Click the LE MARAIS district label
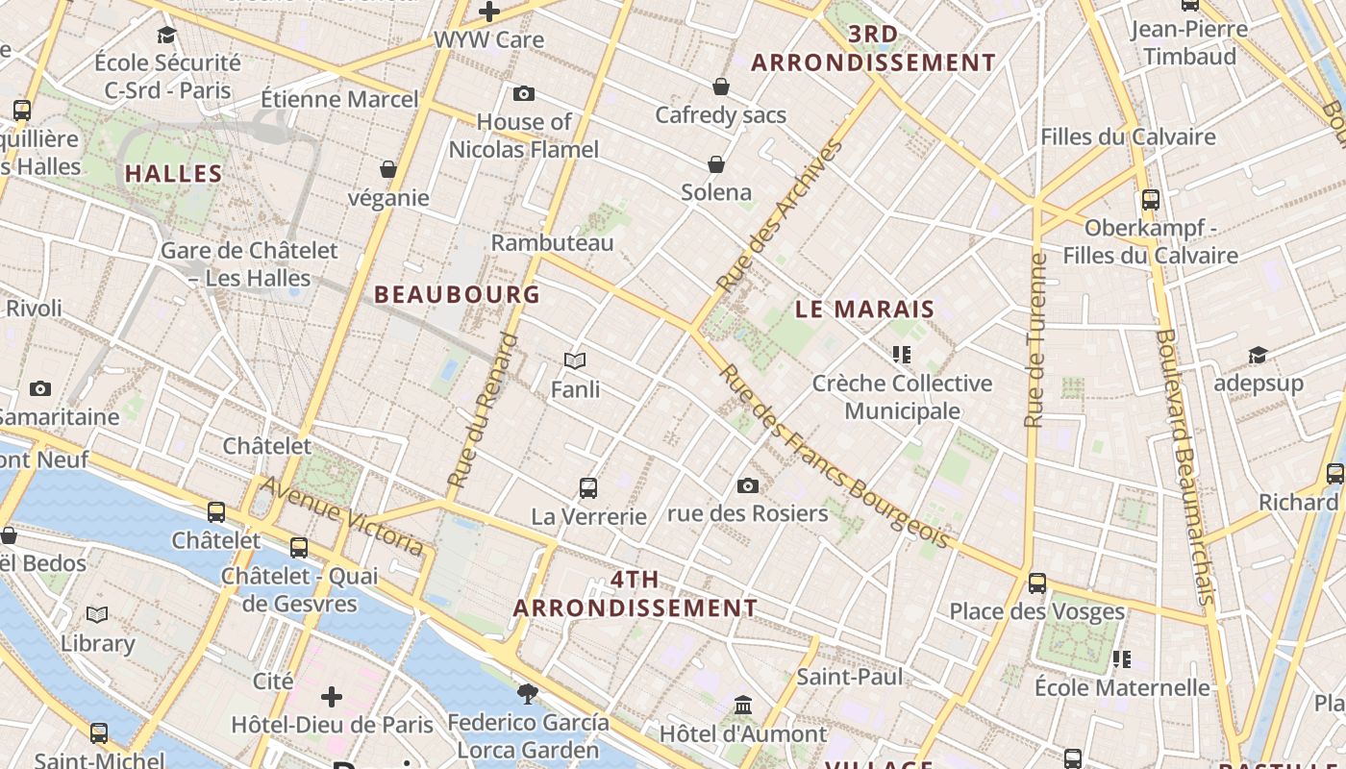(x=865, y=310)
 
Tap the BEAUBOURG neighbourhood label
(x=457, y=295)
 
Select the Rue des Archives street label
(x=780, y=216)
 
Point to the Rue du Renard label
(x=483, y=409)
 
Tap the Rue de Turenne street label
(x=1034, y=340)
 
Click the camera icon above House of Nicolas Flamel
(x=524, y=93)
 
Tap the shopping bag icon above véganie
(x=388, y=169)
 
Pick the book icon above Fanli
(x=575, y=360)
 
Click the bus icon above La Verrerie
(x=588, y=487)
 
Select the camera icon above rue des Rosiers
(x=748, y=485)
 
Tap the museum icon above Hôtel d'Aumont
(x=743, y=707)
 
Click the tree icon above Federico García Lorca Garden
(x=527, y=693)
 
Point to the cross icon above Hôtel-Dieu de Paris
(x=332, y=696)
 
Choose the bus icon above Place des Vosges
(x=1036, y=583)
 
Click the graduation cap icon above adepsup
(x=1258, y=356)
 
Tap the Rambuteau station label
(x=552, y=243)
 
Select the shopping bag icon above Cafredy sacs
(x=721, y=87)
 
